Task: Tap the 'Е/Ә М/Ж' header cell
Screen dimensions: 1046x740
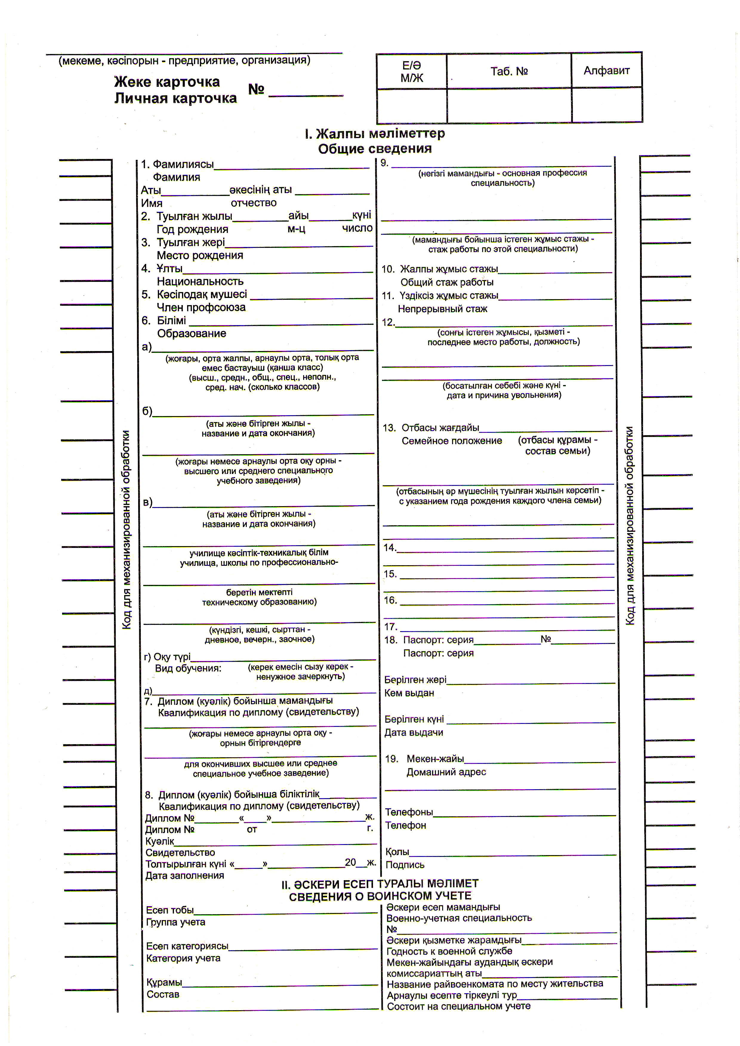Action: [x=411, y=72]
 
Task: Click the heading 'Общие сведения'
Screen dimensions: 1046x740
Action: [x=374, y=149]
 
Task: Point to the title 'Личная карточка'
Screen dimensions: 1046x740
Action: [x=175, y=98]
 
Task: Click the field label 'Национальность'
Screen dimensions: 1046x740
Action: [x=200, y=282]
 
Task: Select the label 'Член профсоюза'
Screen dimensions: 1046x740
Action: [x=201, y=308]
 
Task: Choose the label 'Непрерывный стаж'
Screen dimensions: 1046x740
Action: [x=443, y=309]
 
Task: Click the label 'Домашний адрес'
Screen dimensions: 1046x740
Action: [x=446, y=772]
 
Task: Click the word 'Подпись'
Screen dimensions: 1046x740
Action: [x=405, y=865]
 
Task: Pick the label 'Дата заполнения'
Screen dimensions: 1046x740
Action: [x=184, y=876]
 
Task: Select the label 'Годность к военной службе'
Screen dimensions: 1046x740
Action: [x=449, y=951]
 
